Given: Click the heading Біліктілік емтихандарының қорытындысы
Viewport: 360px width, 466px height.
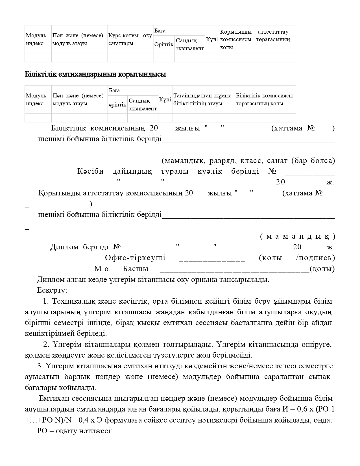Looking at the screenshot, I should (x=95, y=75).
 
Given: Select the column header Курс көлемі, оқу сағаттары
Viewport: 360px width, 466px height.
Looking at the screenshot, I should (x=130, y=40).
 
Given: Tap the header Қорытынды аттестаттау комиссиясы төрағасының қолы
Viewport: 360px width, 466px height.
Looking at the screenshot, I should (x=257, y=40).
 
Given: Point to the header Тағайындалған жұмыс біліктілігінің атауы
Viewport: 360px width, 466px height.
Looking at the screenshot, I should (x=203, y=100).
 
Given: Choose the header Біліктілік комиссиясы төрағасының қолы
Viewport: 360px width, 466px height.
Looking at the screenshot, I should (x=265, y=100).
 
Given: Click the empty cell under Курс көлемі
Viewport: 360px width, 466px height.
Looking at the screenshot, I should (x=130, y=58).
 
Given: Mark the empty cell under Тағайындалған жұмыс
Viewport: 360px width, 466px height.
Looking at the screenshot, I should (x=203, y=118).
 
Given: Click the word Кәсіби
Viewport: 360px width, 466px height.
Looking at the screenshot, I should (x=90, y=171).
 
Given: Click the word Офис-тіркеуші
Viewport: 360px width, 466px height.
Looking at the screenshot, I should (x=135, y=258).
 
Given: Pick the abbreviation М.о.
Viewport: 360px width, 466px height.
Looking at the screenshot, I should (x=102, y=269).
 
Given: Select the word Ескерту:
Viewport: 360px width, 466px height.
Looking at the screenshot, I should (x=52, y=290).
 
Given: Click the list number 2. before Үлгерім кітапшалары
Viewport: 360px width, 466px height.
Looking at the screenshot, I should (x=46, y=345).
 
